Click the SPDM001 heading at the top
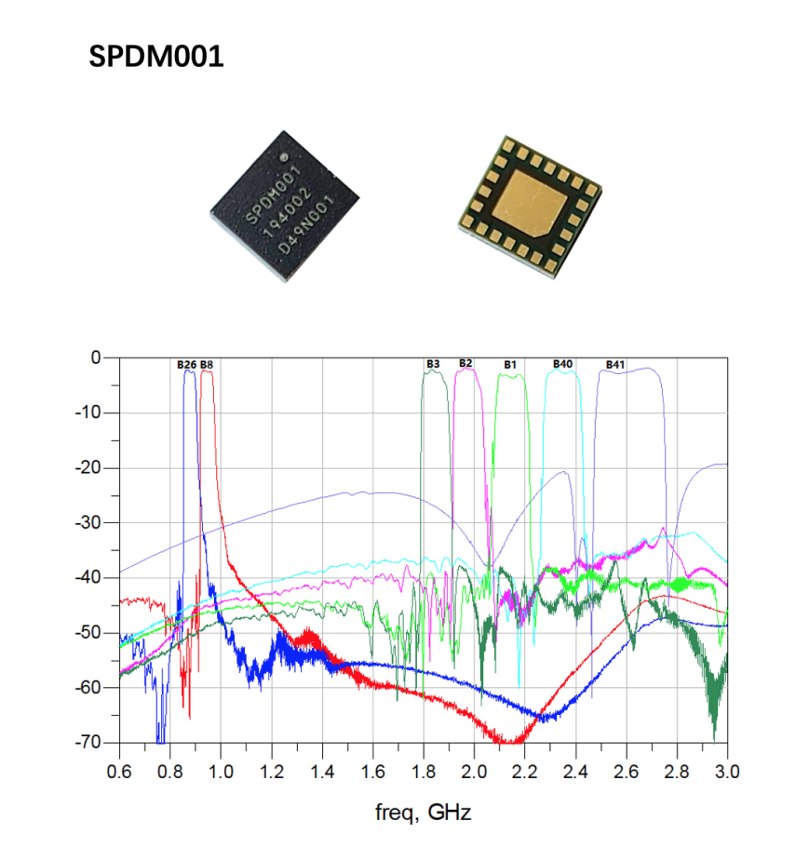[156, 58]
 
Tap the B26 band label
[186, 364]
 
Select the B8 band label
[207, 364]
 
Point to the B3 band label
[433, 363]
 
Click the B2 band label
[465, 362]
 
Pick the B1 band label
[510, 364]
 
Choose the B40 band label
[562, 363]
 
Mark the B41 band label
[615, 364]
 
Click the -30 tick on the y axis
[87, 522]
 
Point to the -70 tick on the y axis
[87, 743]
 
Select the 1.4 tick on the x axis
[322, 772]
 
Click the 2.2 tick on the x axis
[525, 772]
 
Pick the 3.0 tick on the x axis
[728, 772]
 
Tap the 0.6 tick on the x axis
[119, 772]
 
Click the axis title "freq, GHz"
[424, 813]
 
